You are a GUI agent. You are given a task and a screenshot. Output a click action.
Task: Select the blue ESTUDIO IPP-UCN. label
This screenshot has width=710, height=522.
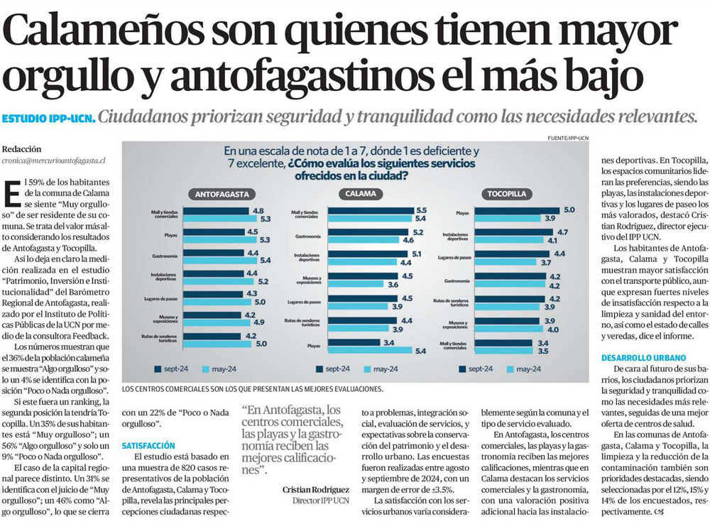coord(48,117)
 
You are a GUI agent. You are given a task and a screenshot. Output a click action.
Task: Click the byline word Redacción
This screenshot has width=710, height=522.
coord(22,149)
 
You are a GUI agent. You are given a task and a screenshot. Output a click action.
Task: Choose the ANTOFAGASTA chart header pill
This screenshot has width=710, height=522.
coord(217,194)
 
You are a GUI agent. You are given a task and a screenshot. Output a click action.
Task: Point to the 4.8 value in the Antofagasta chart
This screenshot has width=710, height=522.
coord(258,211)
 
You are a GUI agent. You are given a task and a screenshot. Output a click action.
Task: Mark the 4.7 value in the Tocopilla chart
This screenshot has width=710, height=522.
coord(562,232)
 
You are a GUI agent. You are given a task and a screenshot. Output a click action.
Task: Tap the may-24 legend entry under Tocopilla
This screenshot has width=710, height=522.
coord(528,369)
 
